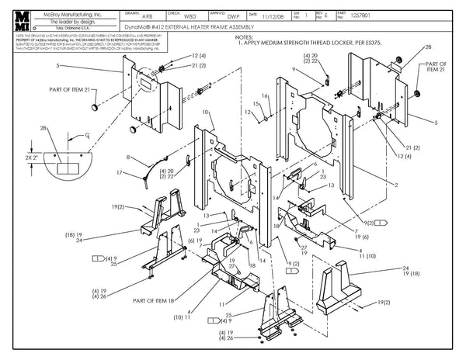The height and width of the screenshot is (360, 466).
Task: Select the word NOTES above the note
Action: [243, 37]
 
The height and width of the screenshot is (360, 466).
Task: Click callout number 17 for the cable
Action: [119, 171]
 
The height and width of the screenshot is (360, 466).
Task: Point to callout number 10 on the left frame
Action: [205, 113]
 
